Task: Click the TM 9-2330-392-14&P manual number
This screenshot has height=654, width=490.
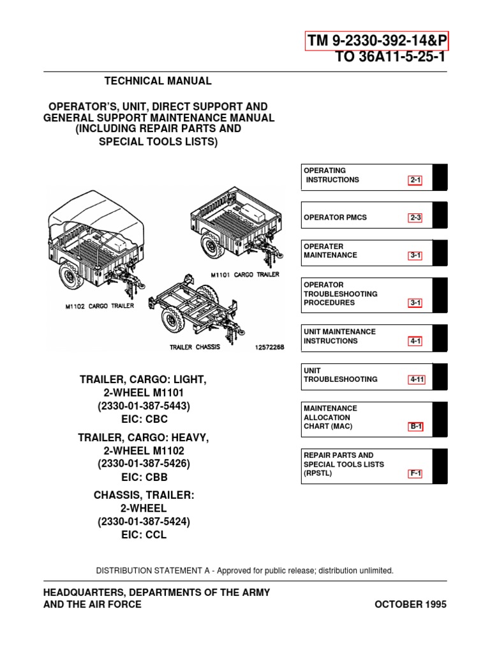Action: [378, 42]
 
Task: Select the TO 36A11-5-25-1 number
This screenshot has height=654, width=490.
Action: [390, 57]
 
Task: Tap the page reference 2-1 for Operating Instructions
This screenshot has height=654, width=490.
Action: [416, 181]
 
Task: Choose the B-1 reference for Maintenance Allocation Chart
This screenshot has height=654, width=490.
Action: [416, 427]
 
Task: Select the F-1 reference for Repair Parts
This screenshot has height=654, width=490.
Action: [416, 474]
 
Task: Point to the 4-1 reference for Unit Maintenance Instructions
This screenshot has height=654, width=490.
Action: [416, 342]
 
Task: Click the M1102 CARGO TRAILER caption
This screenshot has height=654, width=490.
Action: [100, 306]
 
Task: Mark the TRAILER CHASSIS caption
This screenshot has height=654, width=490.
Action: [195, 347]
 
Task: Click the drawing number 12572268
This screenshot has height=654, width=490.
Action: [269, 347]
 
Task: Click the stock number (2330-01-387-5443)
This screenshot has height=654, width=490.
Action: [144, 406]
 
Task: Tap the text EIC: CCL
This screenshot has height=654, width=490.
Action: [144, 535]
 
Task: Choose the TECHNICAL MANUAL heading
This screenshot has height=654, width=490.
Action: [158, 81]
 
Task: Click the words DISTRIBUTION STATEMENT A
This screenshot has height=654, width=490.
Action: [151, 570]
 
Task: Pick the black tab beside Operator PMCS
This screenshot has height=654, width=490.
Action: [440, 215]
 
